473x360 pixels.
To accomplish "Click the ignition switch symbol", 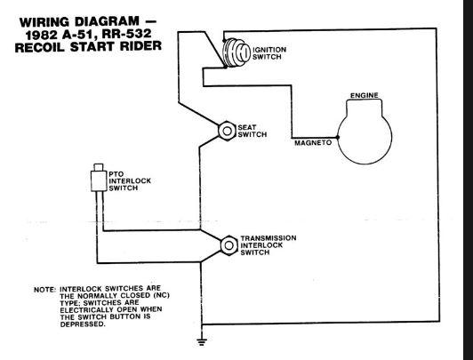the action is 236,52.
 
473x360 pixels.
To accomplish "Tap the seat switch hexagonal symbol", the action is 227,131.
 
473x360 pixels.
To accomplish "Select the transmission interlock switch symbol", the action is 229,245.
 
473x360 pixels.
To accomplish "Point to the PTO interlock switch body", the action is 99,180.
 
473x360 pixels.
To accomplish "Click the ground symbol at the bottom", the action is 202,341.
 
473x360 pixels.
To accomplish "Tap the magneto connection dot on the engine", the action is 338,138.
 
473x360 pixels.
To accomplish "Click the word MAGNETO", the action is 313,142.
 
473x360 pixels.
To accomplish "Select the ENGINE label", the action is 365,96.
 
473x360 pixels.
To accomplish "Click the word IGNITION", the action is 269,50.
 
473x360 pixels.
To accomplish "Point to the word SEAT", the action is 247,127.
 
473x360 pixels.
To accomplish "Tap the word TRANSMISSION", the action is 269,238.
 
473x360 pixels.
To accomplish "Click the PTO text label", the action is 116,174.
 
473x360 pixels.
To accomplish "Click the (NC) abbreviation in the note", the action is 162,295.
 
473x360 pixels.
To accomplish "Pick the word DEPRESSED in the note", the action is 83,324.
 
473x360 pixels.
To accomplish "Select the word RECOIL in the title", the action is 39,47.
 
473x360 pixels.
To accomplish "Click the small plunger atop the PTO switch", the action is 99,167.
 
